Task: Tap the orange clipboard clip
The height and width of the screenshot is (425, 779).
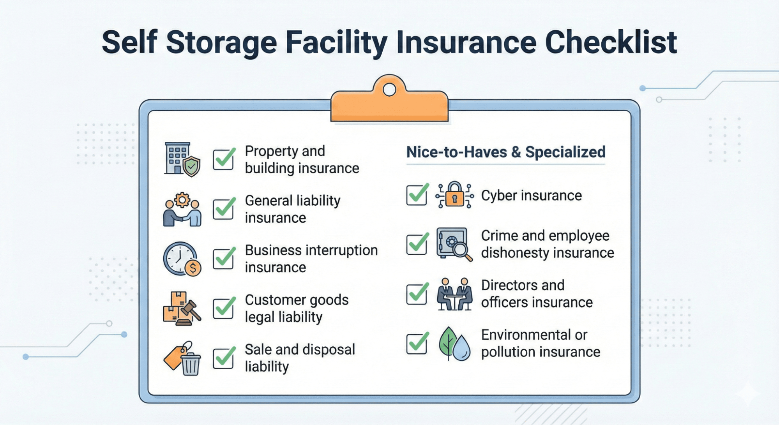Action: [x=389, y=102]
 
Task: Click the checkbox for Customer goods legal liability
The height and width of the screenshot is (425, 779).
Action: [x=224, y=308]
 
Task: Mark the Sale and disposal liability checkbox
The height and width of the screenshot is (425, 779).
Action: [x=224, y=357]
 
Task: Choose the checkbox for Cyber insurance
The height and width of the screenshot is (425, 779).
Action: [x=417, y=194]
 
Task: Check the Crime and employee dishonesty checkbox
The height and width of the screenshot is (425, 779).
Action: [x=417, y=244]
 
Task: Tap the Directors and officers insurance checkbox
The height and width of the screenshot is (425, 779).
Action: [x=417, y=293]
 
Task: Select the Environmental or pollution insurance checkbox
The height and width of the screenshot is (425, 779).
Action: [x=417, y=343]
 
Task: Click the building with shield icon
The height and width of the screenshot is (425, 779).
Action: [x=182, y=159]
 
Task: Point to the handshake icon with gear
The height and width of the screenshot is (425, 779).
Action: [x=182, y=209]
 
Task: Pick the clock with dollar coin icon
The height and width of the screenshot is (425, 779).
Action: [x=182, y=259]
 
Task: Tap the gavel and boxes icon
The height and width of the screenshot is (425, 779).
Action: [x=182, y=309]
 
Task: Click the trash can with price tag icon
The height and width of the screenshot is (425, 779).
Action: [x=182, y=358]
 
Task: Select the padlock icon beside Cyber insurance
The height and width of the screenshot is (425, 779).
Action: [x=454, y=194]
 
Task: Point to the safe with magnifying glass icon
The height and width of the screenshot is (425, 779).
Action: [x=454, y=244]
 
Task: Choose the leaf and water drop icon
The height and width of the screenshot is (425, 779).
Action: [x=454, y=344]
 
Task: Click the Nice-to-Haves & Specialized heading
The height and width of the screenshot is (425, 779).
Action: [x=506, y=152]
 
